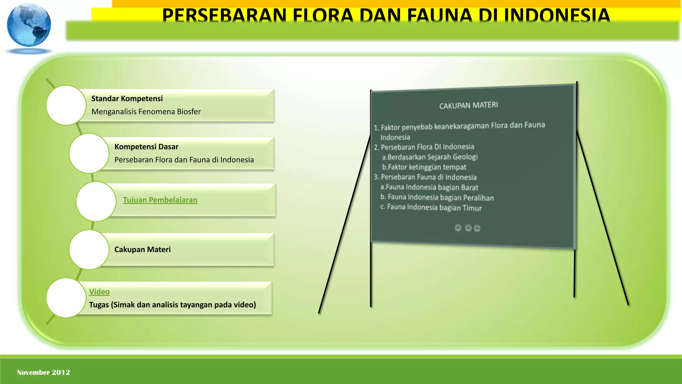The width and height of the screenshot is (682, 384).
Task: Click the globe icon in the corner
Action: [29, 25]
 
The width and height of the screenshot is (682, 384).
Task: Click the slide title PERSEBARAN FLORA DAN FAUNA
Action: [386, 15]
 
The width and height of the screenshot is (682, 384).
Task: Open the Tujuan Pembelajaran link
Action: [160, 200]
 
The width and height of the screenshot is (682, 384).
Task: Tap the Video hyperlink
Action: [99, 292]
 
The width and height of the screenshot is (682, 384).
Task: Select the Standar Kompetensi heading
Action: [127, 99]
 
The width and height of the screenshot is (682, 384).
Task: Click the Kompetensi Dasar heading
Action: [146, 147]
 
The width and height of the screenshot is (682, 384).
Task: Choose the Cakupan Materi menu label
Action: [142, 250]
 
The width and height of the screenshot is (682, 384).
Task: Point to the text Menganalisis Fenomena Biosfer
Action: [146, 112]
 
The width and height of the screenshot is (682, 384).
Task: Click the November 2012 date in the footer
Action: [44, 372]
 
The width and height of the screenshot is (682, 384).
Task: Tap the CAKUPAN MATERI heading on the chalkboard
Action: [469, 105]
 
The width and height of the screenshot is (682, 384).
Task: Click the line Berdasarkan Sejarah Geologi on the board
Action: [430, 157]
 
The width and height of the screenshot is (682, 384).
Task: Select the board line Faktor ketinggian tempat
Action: [424, 167]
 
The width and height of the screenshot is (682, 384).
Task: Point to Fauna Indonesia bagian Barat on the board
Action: [429, 187]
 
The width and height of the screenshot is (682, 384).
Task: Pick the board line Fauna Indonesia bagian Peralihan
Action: [437, 197]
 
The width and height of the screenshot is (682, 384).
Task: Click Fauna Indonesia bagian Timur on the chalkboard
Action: [431, 207]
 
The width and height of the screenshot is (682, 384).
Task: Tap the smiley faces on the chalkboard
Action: [467, 228]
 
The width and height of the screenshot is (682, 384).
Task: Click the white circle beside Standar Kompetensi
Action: [66, 105]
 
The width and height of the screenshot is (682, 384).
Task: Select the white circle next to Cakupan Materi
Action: [89, 250]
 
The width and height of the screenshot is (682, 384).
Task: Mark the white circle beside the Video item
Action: [66, 298]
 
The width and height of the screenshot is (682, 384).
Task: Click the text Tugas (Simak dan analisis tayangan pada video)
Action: [172, 305]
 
